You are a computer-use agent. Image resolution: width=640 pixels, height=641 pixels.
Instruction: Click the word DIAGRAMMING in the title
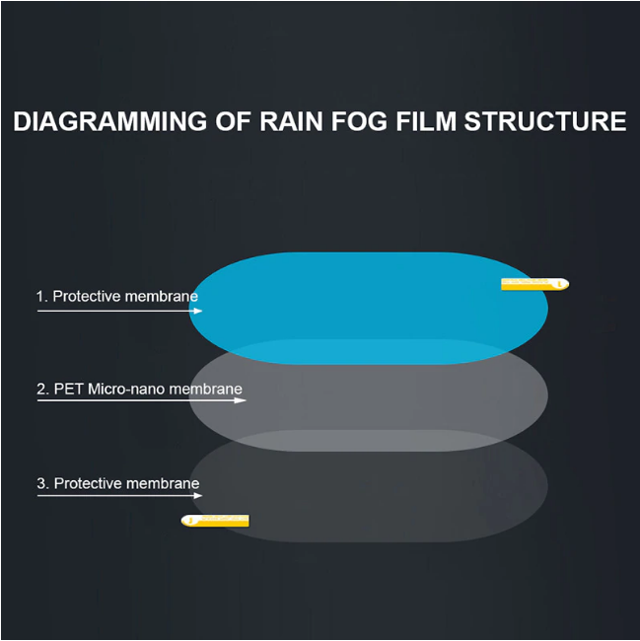tap(110, 121)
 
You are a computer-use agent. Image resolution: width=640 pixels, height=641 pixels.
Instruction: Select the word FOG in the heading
tap(359, 121)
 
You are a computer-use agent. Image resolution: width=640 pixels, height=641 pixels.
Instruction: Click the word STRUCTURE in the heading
tap(545, 121)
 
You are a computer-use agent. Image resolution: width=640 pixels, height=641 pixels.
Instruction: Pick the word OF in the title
tap(233, 121)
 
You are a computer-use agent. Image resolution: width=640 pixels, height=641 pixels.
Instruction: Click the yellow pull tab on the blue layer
tap(534, 284)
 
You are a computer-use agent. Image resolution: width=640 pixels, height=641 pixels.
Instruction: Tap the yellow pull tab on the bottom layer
tap(215, 521)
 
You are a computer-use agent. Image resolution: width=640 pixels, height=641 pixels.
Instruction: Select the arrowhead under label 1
tap(197, 311)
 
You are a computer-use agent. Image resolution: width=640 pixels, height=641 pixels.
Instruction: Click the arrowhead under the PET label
tap(241, 400)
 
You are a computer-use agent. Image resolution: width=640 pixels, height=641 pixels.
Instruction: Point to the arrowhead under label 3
tap(197, 495)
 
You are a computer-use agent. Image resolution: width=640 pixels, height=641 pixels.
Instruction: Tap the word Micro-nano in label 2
tap(126, 389)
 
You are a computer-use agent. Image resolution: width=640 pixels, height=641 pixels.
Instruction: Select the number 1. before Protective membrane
tap(42, 297)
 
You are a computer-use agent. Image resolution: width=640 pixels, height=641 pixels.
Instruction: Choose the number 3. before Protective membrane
tap(43, 483)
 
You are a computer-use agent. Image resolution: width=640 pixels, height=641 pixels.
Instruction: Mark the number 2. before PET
tap(43, 389)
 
